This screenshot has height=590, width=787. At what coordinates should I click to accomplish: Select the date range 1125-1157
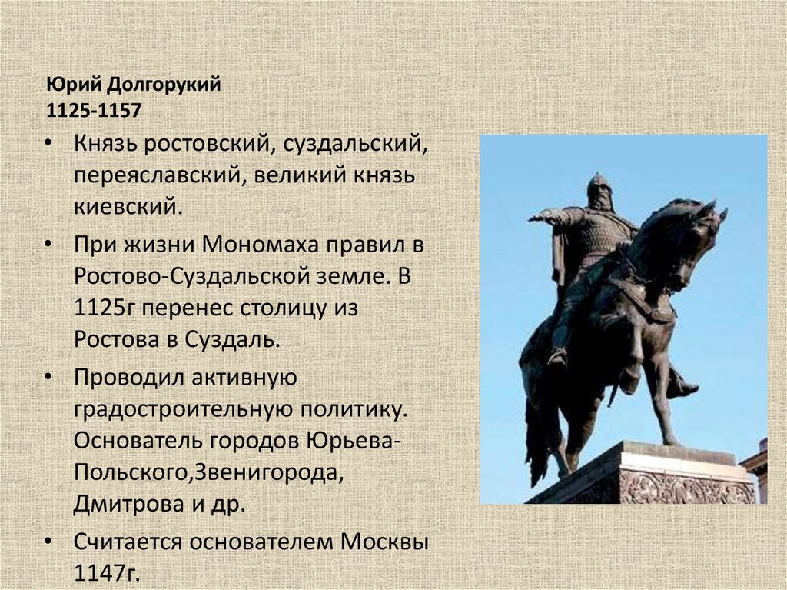[94, 110]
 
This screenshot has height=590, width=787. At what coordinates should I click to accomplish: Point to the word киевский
[128, 205]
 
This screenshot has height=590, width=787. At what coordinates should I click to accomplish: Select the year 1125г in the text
[106, 308]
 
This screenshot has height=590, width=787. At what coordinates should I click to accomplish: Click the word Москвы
[383, 542]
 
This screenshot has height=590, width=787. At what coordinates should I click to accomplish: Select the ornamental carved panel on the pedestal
[688, 486]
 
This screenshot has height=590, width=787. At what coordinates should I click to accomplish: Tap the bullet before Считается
[48, 542]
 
